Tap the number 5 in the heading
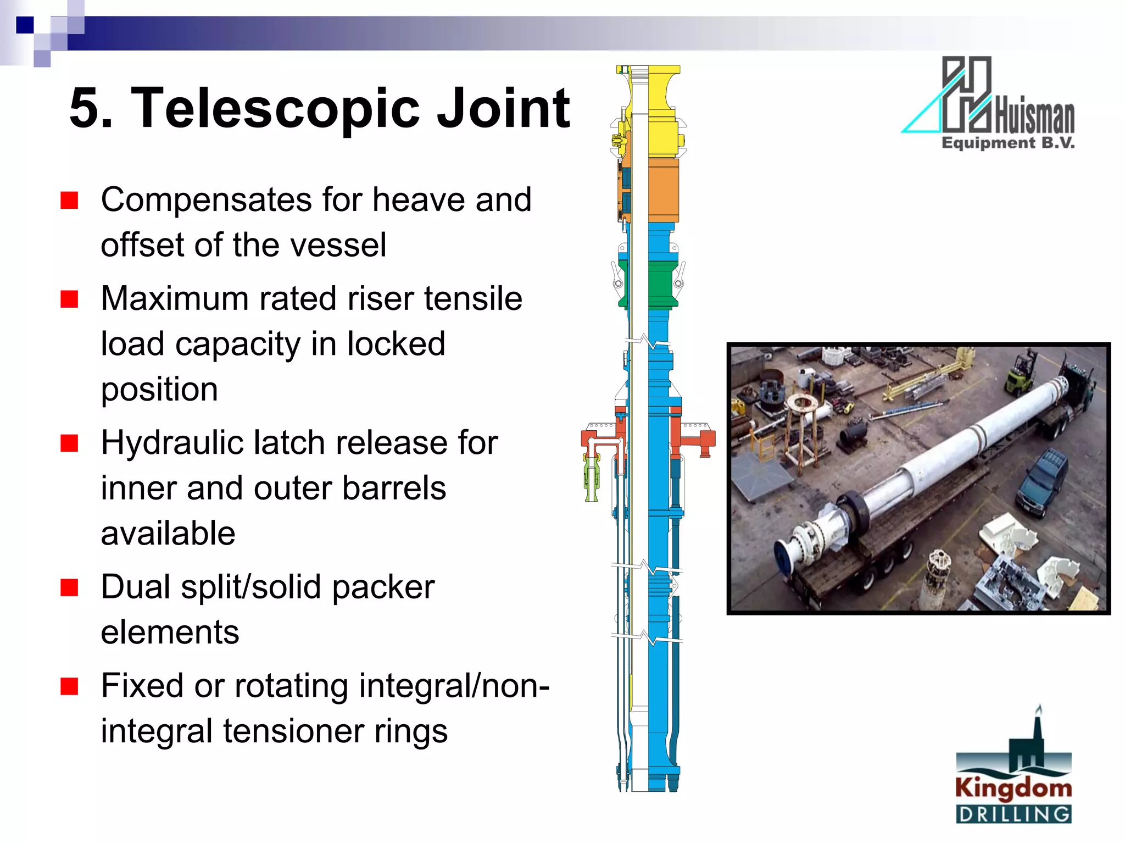tap(90, 108)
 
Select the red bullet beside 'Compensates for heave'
tap(69, 201)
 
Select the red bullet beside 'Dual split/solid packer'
tap(69, 587)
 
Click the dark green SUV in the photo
tap(1041, 481)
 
